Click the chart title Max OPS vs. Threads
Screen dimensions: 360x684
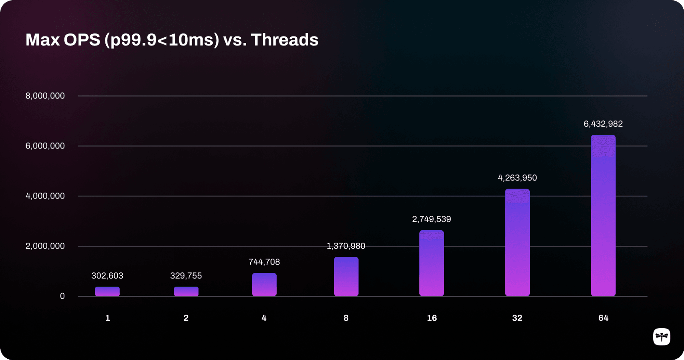coord(172,40)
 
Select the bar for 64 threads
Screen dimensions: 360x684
coord(603,216)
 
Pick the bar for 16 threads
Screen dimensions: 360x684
coord(431,263)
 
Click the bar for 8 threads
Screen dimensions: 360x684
coord(346,277)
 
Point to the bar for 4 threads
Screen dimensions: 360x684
coord(264,284)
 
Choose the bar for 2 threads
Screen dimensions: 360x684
coord(186,291)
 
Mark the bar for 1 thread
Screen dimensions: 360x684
coord(107,291)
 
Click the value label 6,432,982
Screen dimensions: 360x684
coord(603,124)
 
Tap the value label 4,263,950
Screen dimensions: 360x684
coord(517,178)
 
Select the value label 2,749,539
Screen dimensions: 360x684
coord(431,219)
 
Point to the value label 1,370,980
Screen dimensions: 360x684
coord(346,246)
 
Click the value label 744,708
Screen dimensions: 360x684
coord(264,262)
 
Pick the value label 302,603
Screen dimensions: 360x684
coord(107,276)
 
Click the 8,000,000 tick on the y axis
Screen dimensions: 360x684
coord(45,96)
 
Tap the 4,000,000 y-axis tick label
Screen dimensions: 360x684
coord(45,196)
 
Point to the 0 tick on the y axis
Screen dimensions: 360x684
coord(62,296)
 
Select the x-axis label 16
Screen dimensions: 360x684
coord(432,318)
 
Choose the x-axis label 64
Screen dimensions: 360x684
coord(603,318)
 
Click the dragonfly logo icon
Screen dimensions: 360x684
coord(661,337)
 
